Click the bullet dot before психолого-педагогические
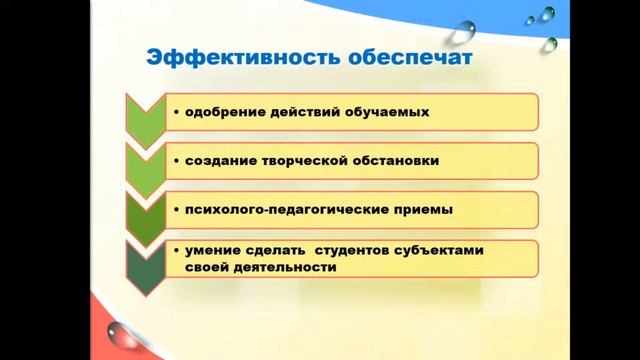(175, 209)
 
